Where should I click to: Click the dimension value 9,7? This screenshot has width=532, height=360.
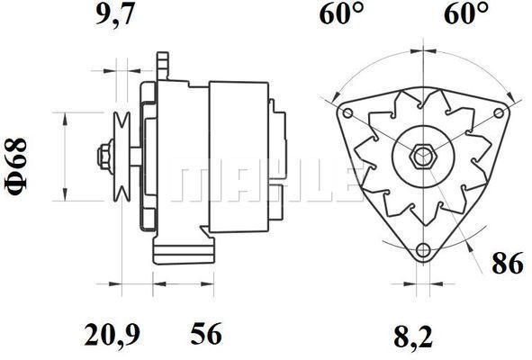coord(115,14)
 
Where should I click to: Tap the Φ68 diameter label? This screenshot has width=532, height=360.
coord(15,166)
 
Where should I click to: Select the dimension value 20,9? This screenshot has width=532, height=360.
coord(112,335)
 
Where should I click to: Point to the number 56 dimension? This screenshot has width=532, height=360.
coord(206,334)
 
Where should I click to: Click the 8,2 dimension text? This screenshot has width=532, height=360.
coord(413,337)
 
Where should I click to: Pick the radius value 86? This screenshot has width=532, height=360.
coord(508,263)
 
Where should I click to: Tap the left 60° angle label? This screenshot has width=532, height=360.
coord(342,14)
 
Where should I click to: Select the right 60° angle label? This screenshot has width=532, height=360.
coord(466,14)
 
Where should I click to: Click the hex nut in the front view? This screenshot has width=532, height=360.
coord(423,156)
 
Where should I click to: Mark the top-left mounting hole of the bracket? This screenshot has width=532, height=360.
coord(348,113)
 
